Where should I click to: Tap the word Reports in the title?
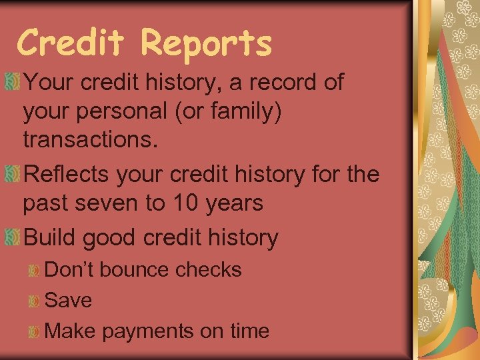point(206,44)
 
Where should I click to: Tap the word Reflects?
point(66,175)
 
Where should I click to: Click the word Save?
point(68,301)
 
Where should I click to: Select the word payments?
point(145,331)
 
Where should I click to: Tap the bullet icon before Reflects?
point(11,175)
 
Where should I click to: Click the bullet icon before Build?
point(11,237)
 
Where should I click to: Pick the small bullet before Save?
point(35,301)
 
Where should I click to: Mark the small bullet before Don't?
point(35,271)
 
